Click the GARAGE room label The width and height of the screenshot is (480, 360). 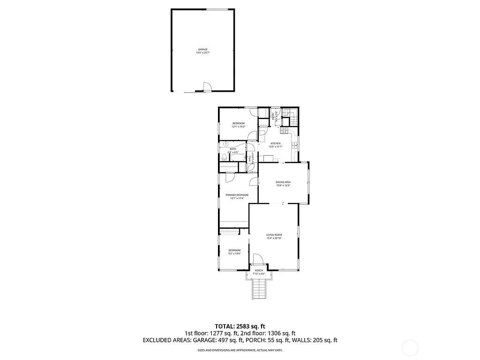202,49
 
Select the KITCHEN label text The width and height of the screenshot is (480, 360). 275,143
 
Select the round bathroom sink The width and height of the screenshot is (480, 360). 225,144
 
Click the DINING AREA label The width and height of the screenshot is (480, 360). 283,182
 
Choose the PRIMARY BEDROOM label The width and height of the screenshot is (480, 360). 237,195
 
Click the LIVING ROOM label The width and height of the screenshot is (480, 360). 274,235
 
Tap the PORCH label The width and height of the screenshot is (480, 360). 259,271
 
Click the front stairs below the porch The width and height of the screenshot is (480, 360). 259,288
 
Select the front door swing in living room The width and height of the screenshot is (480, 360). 258,259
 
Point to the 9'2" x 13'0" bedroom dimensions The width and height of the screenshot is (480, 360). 234,254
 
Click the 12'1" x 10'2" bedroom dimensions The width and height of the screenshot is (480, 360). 239,127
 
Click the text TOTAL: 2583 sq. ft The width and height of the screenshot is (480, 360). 240,326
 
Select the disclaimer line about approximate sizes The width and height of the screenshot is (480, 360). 240,350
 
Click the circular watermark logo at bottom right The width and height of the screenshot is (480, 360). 411,347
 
